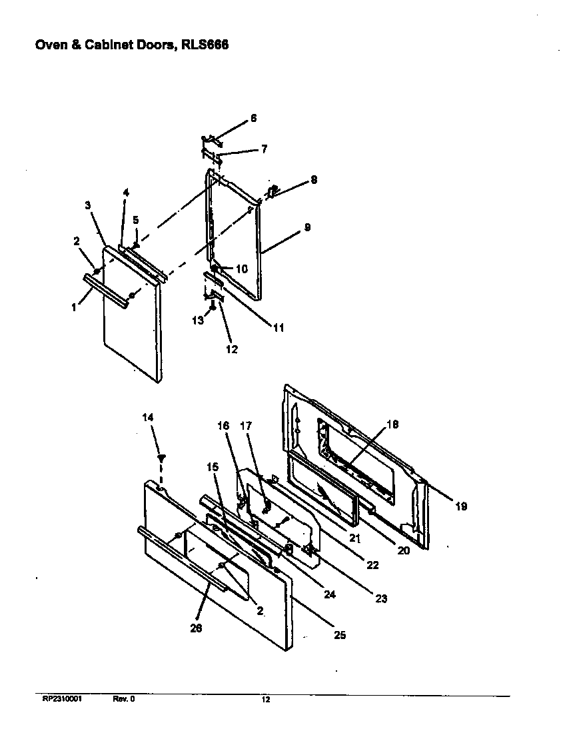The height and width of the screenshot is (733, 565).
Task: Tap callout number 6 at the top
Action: [253, 119]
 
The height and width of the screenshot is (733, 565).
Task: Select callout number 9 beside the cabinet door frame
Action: [307, 227]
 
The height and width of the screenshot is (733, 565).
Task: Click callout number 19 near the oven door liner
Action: [461, 506]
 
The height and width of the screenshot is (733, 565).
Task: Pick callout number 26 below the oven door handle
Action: [197, 627]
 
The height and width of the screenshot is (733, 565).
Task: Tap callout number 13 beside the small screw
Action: [198, 321]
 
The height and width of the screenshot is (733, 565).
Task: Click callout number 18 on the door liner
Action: [392, 424]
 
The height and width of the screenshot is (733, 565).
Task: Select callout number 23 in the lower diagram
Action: [380, 598]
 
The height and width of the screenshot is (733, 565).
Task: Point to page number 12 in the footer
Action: [265, 700]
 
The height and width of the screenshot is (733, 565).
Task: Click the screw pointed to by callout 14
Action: [161, 458]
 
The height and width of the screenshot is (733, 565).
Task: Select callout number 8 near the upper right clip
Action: [314, 180]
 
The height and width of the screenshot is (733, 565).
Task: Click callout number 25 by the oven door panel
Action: [339, 635]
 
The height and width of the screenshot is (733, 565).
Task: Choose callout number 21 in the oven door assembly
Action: [354, 537]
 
